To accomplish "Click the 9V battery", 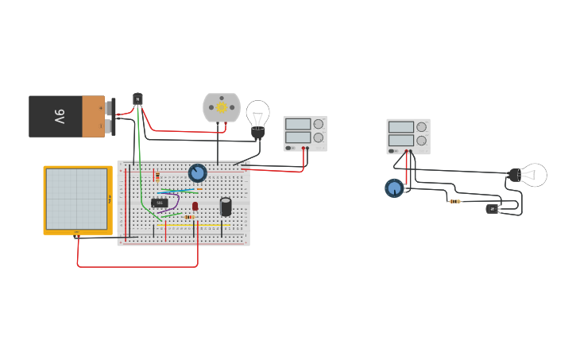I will coord(67,116).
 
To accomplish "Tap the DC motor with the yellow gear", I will coord(221,107).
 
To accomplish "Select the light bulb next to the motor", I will coord(257,116).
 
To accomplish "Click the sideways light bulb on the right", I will coord(530,175).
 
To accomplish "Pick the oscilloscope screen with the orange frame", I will coord(77,199).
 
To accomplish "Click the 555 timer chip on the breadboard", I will coord(159,203).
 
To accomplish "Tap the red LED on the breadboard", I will coord(195,206).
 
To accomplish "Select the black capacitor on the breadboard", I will coord(226,207).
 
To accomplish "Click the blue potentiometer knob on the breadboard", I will coord(197,172).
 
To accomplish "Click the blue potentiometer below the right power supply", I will coord(393,188).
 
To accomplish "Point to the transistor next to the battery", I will coord(137,99).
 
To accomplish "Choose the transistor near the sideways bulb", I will coord(493,209).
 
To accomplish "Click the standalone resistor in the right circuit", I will coord(454,201).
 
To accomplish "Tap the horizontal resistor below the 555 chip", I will coord(189,217).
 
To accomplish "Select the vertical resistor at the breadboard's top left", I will coord(157,176).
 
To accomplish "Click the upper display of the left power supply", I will coord(297,124).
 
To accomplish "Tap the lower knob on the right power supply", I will coord(421,140).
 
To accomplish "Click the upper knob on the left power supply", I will coord(318,124).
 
